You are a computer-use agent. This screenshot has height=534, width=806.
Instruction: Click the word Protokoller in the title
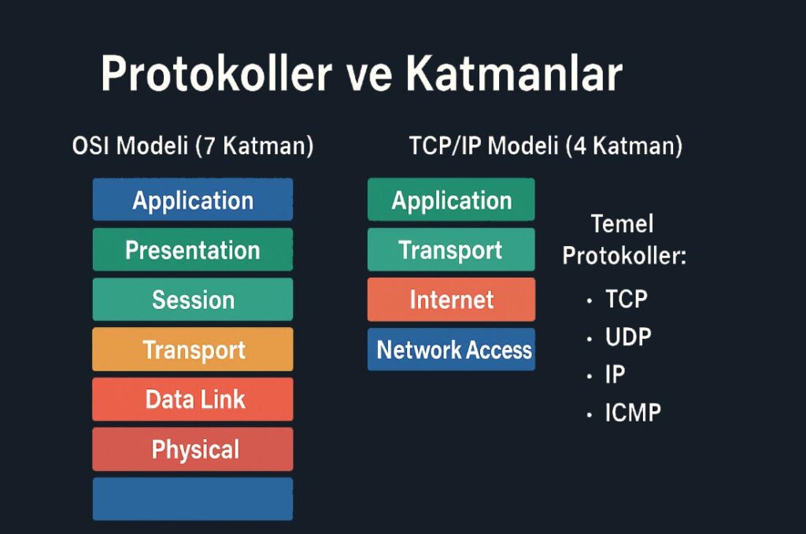(216, 74)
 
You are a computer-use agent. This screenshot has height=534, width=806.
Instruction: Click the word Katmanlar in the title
(515, 73)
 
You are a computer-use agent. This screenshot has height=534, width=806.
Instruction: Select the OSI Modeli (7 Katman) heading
(193, 145)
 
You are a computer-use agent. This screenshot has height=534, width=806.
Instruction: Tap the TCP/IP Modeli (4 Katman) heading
(545, 145)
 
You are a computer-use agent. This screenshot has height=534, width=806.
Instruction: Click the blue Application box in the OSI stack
(193, 199)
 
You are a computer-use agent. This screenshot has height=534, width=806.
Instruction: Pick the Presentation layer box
(193, 249)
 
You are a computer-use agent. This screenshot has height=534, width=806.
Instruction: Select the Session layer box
(193, 300)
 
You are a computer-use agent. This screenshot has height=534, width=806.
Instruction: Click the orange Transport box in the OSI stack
(193, 349)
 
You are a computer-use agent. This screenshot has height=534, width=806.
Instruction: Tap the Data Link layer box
(193, 399)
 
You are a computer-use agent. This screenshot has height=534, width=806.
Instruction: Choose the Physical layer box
(193, 449)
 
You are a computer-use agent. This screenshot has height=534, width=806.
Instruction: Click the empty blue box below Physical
(193, 499)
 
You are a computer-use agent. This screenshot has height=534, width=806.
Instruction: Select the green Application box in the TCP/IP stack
(451, 199)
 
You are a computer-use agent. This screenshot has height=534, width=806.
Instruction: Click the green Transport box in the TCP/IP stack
(451, 249)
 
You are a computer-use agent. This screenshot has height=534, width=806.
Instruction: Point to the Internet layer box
(451, 300)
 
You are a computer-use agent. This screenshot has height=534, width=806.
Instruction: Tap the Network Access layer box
(451, 349)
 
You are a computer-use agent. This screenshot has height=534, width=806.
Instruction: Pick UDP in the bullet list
(628, 337)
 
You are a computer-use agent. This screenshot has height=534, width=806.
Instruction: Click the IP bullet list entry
(615, 375)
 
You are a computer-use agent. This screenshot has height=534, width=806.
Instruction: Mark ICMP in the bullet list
(633, 413)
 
